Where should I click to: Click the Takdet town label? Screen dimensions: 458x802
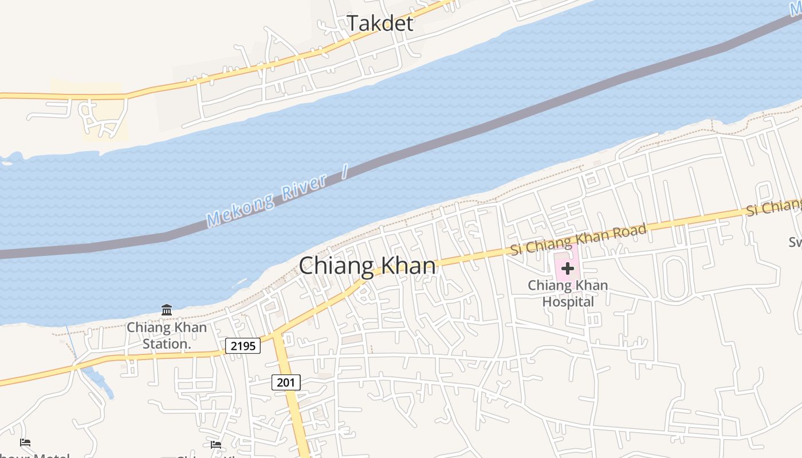(x=380, y=23)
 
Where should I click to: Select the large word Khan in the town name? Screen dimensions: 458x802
(x=409, y=266)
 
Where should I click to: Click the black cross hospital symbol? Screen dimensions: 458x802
(x=568, y=268)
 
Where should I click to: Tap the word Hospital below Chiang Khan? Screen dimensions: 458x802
(x=568, y=302)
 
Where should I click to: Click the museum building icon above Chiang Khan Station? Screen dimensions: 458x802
(x=167, y=310)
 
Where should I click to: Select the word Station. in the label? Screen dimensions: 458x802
(x=167, y=344)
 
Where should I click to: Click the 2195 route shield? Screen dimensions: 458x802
(x=243, y=346)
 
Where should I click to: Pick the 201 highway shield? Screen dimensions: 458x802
(x=286, y=382)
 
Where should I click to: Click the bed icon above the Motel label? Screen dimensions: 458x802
(x=25, y=443)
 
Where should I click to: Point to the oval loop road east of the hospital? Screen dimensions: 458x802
(x=675, y=278)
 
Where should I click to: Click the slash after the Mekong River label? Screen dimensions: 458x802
(x=345, y=172)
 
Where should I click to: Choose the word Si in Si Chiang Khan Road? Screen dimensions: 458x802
(x=517, y=250)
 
